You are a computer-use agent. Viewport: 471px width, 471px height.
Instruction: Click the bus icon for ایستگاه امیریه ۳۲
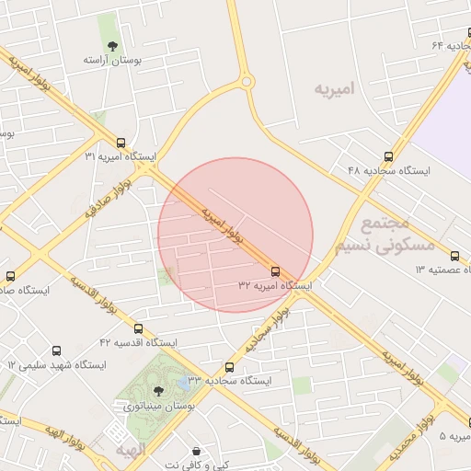[x=275, y=271]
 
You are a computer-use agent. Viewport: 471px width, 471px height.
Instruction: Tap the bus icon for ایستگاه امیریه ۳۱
[x=120, y=141]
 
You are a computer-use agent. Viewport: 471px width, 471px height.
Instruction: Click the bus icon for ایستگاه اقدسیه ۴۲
[x=138, y=328]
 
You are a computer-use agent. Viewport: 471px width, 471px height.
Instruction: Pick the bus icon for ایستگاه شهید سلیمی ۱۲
[x=57, y=350]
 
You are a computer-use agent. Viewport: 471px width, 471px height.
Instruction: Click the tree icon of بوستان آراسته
[x=112, y=45]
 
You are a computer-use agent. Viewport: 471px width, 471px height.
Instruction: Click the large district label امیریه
[x=334, y=89]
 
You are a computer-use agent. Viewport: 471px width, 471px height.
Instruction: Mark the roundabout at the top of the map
[x=246, y=82]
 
